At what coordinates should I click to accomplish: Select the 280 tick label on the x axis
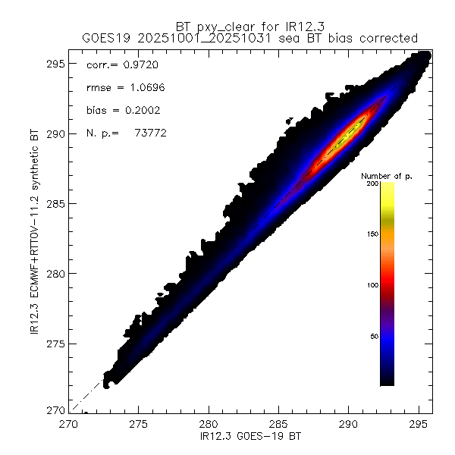(x=209, y=422)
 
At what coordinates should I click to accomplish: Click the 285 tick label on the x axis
(x=278, y=422)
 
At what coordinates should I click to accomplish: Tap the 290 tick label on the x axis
(x=348, y=422)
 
